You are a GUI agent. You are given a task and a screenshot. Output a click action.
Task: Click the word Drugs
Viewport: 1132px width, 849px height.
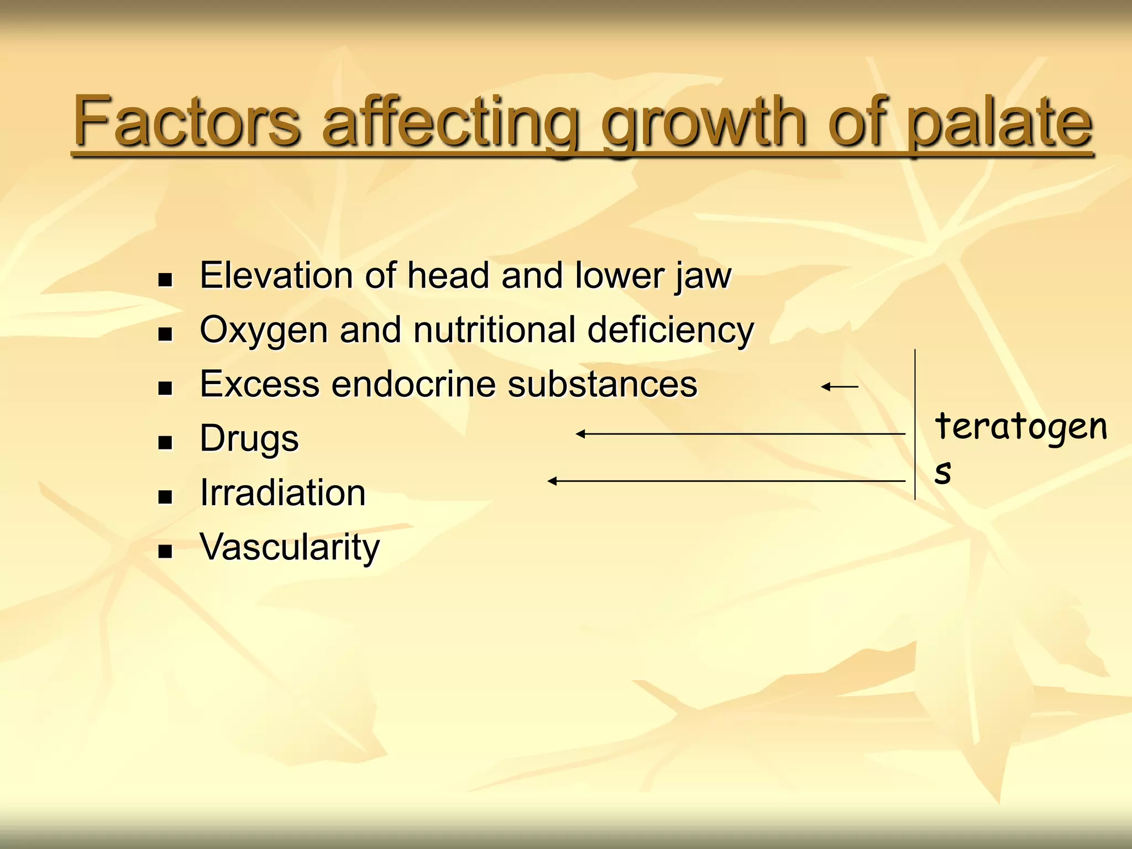(249, 438)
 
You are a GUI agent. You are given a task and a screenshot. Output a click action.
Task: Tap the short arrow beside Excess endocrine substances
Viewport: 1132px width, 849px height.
(840, 387)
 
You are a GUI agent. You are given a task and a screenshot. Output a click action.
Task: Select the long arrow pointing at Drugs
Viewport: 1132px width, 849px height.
(741, 434)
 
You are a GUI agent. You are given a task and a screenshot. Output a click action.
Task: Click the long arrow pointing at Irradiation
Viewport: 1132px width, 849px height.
(726, 481)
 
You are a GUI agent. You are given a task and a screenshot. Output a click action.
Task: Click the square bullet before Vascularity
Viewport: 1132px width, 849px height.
(165, 551)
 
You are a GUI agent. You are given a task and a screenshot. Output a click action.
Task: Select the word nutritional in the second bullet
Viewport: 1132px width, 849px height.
(495, 330)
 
